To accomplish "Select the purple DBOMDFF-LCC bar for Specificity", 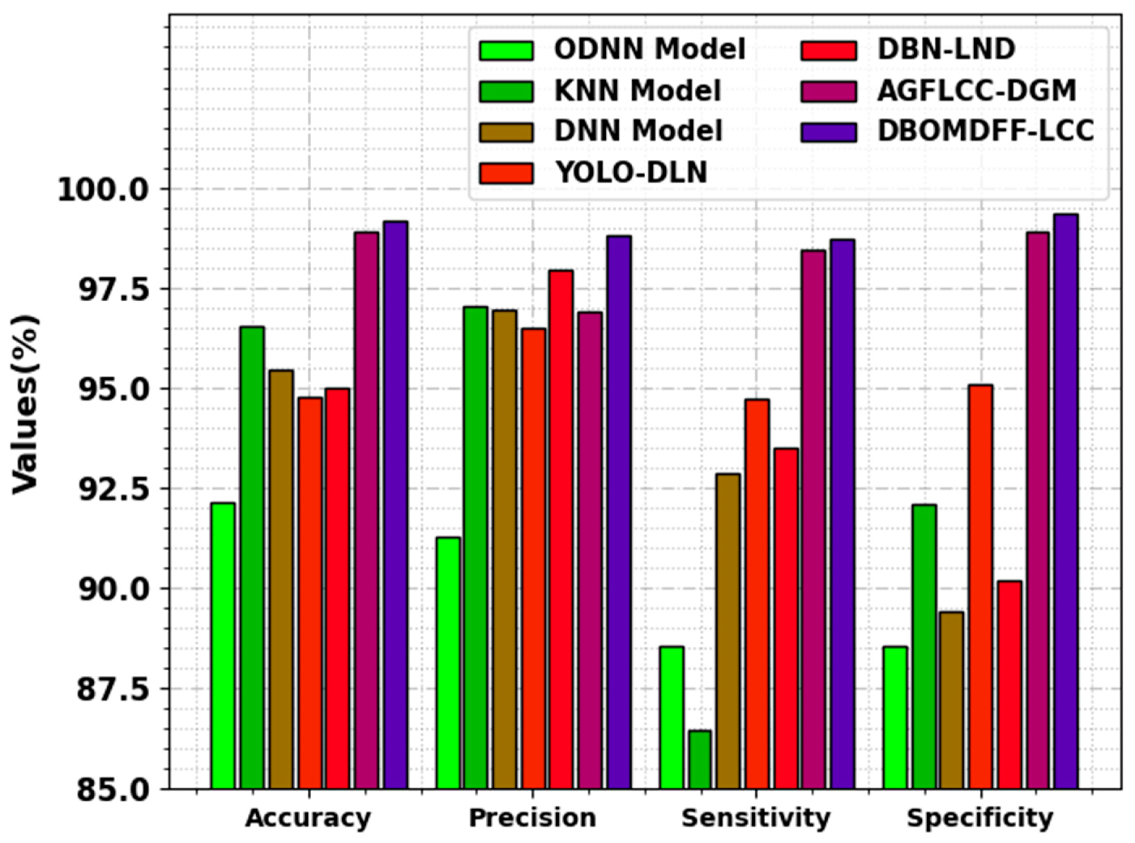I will coord(1066,501).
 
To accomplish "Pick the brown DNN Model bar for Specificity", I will coord(951,700).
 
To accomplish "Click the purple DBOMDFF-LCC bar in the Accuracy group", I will coord(396,505).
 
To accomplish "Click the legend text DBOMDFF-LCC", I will coord(985,131).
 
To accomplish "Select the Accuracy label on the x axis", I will coord(308,819).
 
